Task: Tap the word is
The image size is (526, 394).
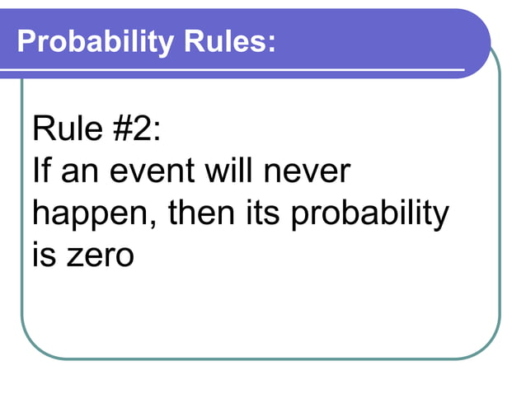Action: tap(44, 256)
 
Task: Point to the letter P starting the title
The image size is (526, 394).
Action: tap(24, 40)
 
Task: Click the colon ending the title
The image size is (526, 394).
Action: tap(270, 43)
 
